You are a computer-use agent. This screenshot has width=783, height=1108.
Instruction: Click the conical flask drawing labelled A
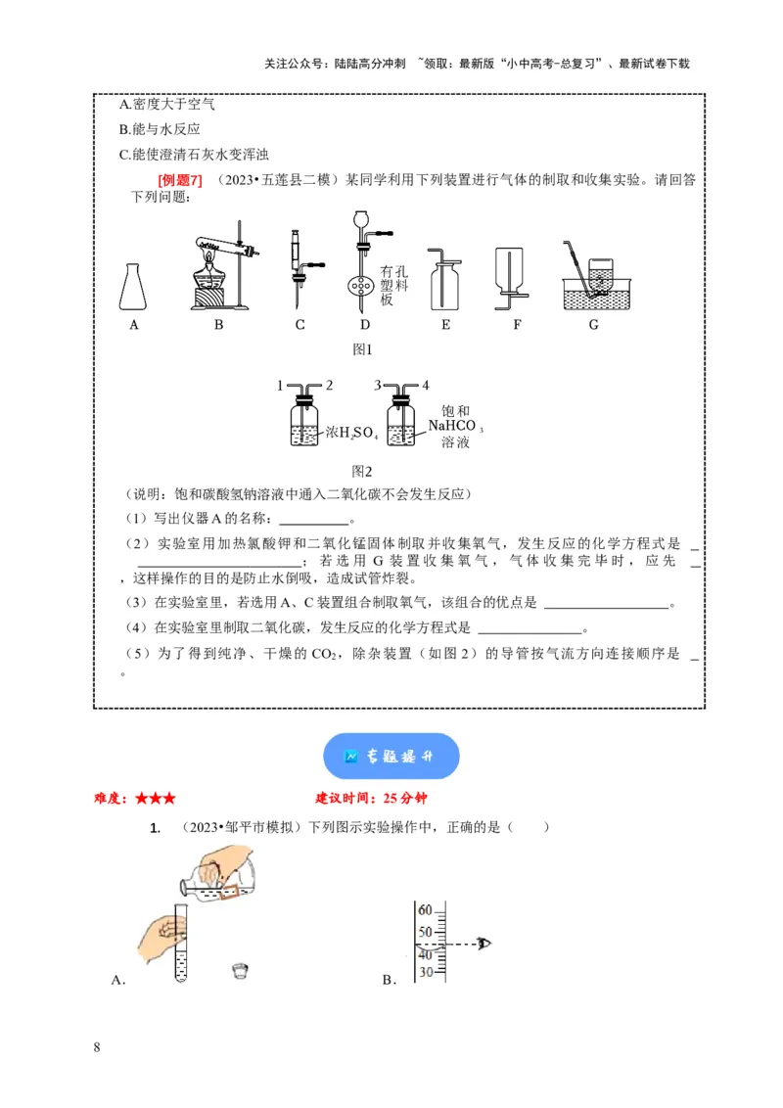(x=135, y=286)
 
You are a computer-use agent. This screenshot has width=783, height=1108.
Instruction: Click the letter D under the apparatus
(x=365, y=325)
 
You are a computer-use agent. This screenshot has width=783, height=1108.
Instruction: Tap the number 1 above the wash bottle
(x=281, y=386)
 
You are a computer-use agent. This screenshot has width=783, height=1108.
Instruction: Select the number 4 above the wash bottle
(x=426, y=386)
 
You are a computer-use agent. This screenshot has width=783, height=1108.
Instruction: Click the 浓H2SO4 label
(x=344, y=432)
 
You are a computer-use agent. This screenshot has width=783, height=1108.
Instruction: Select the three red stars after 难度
(x=156, y=798)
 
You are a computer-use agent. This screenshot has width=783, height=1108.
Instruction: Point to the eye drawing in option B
(x=483, y=943)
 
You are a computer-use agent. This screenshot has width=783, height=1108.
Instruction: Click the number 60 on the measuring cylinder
(x=425, y=909)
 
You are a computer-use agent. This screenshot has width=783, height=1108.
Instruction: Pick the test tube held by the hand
(x=180, y=946)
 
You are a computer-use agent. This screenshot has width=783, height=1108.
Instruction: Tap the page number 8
(x=96, y=1048)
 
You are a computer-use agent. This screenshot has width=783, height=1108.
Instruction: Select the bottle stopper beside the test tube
(x=239, y=970)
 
